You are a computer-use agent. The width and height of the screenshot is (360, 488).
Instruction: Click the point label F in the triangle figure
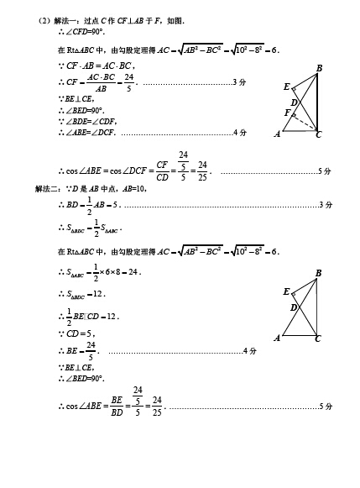288,113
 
